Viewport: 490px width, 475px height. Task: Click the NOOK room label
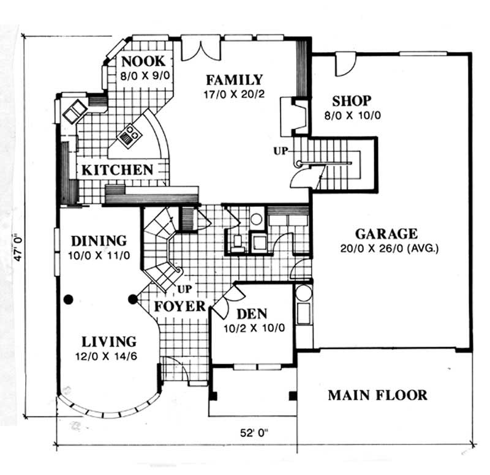click(x=143, y=62)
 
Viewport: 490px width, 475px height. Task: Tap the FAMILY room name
click(x=235, y=80)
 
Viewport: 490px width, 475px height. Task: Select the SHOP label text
click(x=352, y=101)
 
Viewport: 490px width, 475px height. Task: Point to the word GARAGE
click(x=386, y=234)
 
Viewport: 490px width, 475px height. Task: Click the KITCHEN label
click(x=118, y=170)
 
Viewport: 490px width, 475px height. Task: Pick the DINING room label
click(x=99, y=241)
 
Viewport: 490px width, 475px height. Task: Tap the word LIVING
click(x=109, y=342)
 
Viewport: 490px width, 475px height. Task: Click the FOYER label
click(x=180, y=306)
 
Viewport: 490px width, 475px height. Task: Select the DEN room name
click(x=252, y=314)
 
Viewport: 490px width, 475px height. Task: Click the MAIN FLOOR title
click(x=377, y=395)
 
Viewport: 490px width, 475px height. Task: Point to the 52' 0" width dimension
click(x=255, y=433)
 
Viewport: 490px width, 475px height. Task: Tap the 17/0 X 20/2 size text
click(x=235, y=94)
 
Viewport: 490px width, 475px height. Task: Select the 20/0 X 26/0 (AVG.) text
click(x=390, y=249)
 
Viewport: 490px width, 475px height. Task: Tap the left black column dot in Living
click(x=68, y=299)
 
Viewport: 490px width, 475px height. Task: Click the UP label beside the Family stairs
click(x=281, y=151)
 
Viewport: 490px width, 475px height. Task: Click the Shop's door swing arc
click(x=346, y=66)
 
